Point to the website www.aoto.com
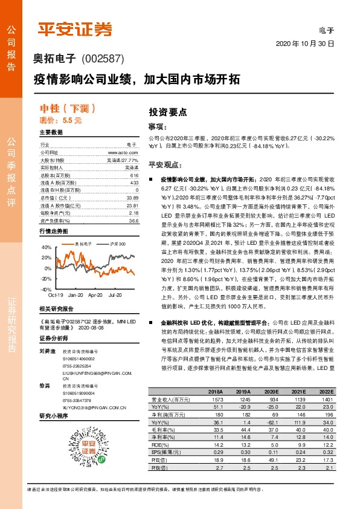[126, 154]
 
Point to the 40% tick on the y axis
[46, 248]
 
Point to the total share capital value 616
[135, 174]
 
